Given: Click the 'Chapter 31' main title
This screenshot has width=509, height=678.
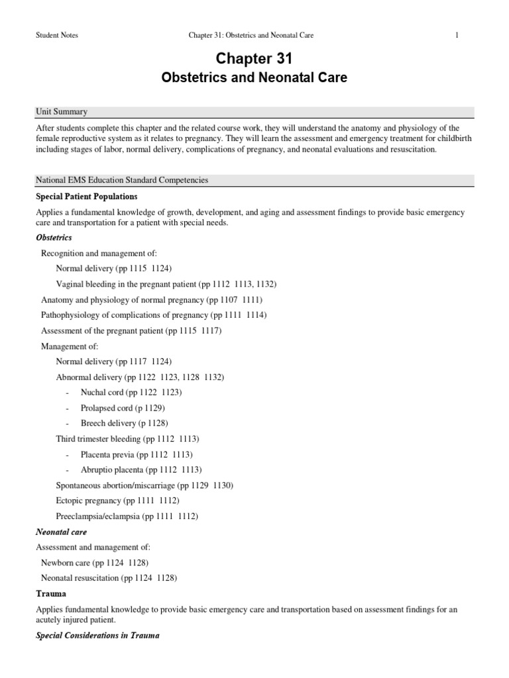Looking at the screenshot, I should tap(254, 59).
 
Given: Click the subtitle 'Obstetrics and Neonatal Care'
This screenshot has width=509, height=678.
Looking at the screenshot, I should tap(254, 78).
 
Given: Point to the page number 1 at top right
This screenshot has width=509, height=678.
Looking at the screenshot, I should tap(457, 35).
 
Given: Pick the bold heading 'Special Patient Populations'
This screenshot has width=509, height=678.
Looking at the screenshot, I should tap(87, 197).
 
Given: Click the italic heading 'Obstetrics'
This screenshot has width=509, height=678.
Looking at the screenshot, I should tap(54, 237).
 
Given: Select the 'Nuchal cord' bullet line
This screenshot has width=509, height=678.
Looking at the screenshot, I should tap(131, 392).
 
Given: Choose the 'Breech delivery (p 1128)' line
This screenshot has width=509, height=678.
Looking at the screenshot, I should tap(124, 423).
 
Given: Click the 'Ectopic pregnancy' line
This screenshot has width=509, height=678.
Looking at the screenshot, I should tap(117, 501).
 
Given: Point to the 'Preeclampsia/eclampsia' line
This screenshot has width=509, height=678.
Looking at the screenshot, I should tap(127, 516).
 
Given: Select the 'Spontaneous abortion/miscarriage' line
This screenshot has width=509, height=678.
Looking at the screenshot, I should tap(144, 485).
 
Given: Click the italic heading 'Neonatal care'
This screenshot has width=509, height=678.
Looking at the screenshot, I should tap(61, 532).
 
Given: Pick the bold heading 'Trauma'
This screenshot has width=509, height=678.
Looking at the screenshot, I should tap(52, 594).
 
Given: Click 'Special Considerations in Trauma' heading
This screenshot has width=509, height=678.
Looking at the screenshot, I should tap(98, 636).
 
